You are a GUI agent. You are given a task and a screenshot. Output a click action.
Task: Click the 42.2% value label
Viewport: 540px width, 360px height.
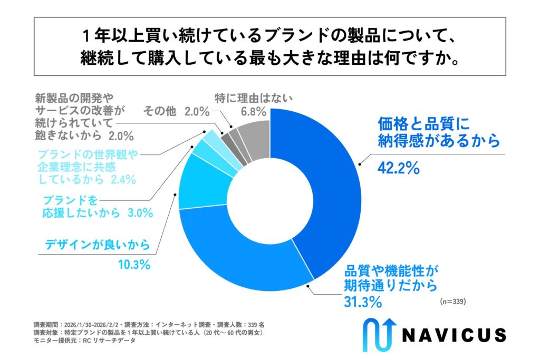[398, 168]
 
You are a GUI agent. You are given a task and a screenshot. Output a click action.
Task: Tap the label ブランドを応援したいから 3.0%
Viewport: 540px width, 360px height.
[97, 207]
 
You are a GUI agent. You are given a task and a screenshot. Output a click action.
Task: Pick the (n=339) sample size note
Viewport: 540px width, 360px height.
[453, 302]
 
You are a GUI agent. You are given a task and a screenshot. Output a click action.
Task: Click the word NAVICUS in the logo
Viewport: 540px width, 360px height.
[454, 335]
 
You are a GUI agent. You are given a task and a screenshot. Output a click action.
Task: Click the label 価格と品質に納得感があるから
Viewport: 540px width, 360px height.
[438, 132]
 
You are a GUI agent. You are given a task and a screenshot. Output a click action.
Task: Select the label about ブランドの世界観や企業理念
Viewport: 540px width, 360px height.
[86, 167]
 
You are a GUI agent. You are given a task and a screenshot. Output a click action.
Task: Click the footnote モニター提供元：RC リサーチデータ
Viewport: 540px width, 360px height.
[84, 340]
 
